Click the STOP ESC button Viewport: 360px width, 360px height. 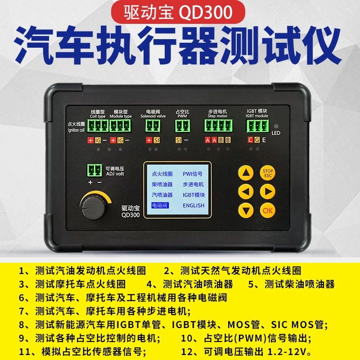(x=268, y=173)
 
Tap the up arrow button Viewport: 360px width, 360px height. (x=246, y=173)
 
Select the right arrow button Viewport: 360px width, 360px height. (x=268, y=192)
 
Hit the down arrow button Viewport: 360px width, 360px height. (x=246, y=210)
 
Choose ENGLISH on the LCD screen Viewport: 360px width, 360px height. (x=193, y=205)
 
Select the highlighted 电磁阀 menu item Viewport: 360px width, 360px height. (x=159, y=205)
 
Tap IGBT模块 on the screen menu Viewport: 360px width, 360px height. (x=193, y=195)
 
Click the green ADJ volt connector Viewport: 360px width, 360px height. (x=95, y=170)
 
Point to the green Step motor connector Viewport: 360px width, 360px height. (x=218, y=126)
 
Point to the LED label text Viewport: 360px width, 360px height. (x=276, y=133)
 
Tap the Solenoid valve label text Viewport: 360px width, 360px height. (x=153, y=116)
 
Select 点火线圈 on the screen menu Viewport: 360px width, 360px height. (x=162, y=174)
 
